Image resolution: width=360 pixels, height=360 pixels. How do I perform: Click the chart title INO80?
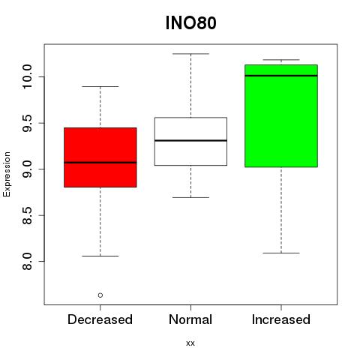[x=190, y=23]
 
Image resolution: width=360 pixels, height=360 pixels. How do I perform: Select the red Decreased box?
[x=100, y=157]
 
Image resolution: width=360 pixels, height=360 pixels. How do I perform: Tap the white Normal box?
[x=190, y=141]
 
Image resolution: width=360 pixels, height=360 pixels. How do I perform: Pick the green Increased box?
[x=281, y=115]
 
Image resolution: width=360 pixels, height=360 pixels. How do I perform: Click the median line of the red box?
[x=100, y=163]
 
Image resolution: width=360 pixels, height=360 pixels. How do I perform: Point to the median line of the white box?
[x=190, y=140]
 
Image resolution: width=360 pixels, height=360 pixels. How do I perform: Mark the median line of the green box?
[x=281, y=76]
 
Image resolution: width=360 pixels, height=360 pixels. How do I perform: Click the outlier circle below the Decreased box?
[x=100, y=295]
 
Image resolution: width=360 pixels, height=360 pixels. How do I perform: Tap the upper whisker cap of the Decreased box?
[x=100, y=86]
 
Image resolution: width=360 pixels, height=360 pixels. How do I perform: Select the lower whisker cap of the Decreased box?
[x=100, y=256]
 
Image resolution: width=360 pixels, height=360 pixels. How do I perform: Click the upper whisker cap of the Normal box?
[x=190, y=54]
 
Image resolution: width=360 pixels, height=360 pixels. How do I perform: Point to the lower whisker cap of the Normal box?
[x=190, y=197]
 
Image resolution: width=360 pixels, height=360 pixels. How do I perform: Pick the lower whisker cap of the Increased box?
[x=281, y=253]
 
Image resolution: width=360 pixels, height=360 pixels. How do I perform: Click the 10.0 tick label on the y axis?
[x=26, y=76]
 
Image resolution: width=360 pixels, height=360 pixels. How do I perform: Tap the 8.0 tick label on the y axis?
[x=26, y=261]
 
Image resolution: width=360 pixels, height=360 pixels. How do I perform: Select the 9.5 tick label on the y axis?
[x=26, y=123]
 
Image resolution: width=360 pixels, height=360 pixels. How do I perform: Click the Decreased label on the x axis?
[x=100, y=319]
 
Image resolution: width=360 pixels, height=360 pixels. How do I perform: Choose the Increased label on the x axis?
[x=281, y=319]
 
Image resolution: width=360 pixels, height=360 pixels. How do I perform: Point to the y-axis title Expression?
[x=7, y=174]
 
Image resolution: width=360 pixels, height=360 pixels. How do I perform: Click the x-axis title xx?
[x=190, y=343]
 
